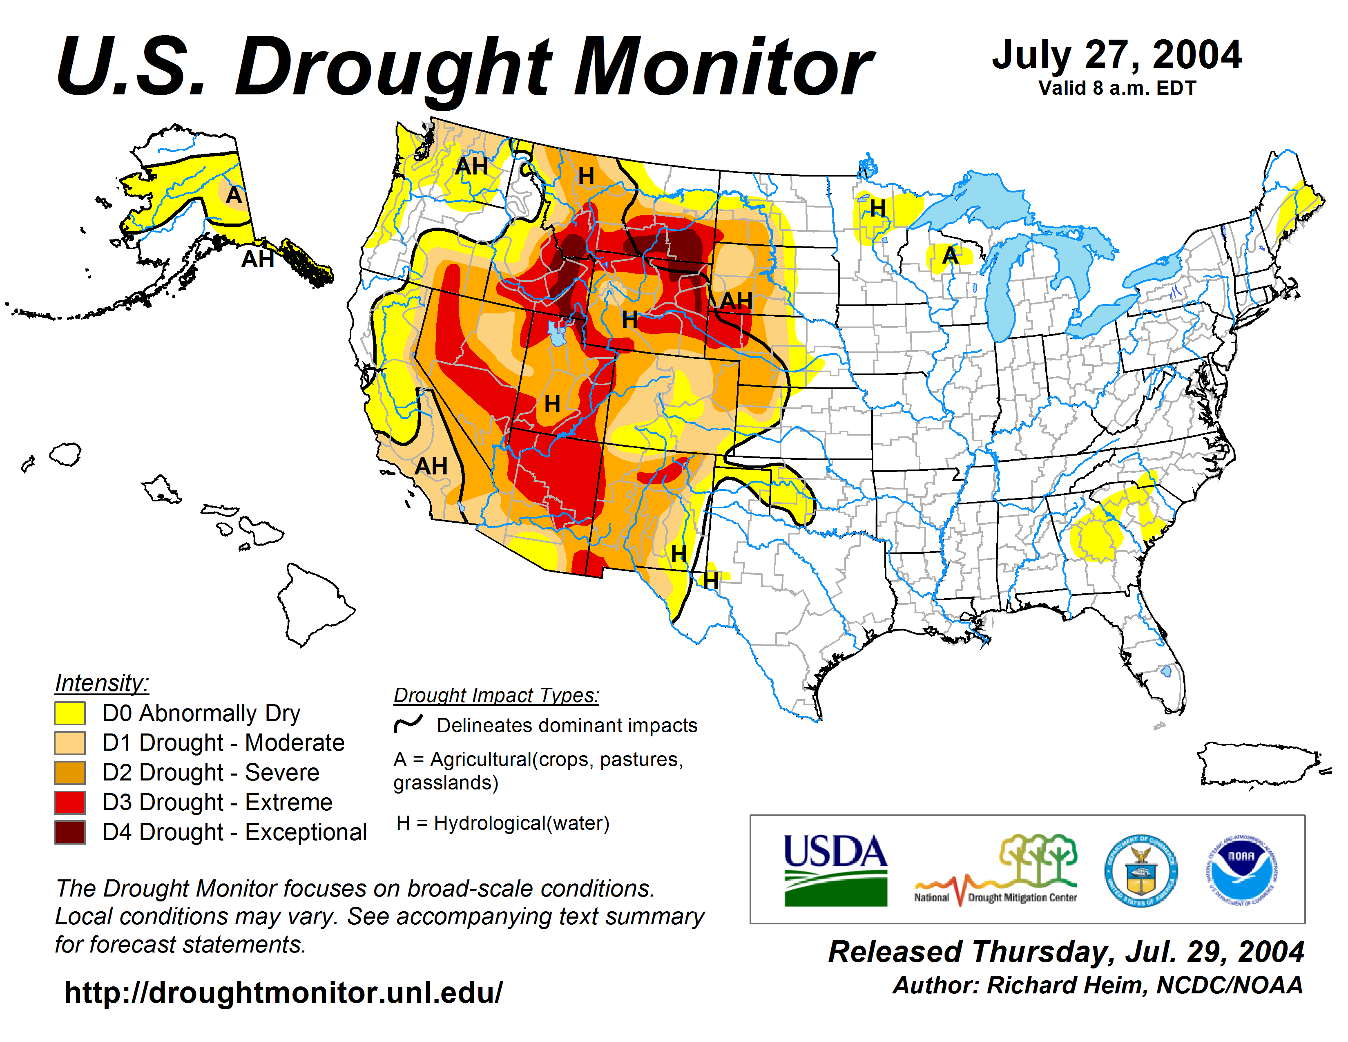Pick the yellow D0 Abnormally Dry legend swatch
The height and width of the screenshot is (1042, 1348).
(70, 713)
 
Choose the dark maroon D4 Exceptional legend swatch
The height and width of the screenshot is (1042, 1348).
(70, 832)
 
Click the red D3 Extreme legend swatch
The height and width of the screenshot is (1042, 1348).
(70, 803)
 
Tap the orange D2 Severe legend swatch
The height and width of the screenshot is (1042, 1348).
(70, 773)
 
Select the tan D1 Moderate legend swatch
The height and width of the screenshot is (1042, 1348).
(70, 742)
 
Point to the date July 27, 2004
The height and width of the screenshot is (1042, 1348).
(1116, 56)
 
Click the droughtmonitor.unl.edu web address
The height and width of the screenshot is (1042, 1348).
(283, 993)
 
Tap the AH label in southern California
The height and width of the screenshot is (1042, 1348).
(431, 467)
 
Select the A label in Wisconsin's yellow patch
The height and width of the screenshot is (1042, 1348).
(950, 255)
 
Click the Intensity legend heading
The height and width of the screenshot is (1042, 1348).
(102, 683)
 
